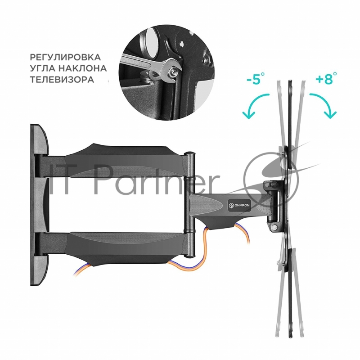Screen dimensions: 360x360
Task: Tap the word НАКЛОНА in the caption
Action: [85, 69]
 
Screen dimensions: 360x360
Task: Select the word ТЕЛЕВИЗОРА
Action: [62, 79]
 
